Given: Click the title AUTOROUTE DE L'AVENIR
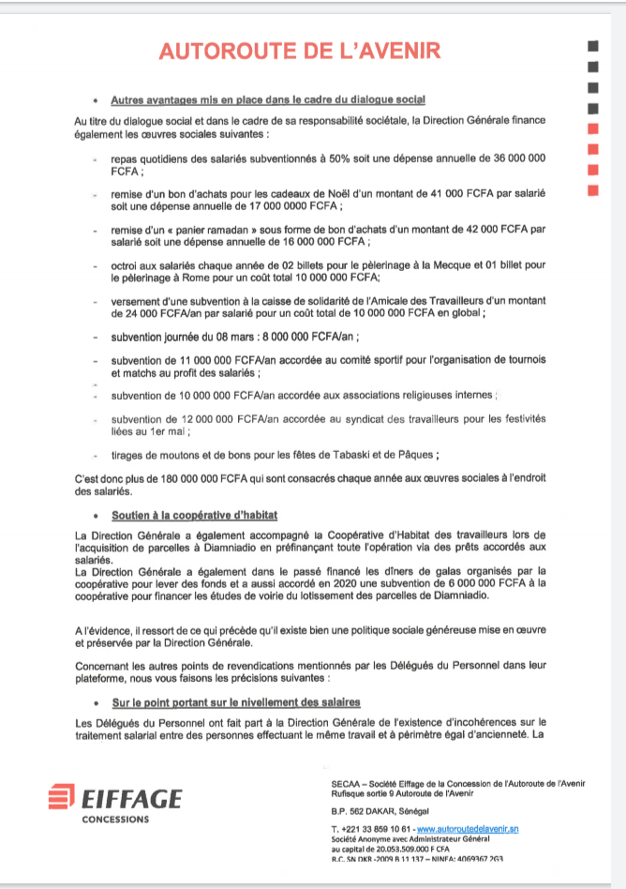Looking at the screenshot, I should [x=299, y=51].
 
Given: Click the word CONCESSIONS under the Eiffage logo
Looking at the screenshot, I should [x=115, y=819].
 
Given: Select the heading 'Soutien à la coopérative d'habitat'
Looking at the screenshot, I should [x=194, y=515].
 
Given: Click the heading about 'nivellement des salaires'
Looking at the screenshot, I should [x=235, y=702].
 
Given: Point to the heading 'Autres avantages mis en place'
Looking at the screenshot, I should [x=268, y=99].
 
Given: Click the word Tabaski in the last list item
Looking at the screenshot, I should [x=329, y=455].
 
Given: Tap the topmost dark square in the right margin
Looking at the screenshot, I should [x=591, y=46].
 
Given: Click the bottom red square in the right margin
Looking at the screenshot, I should [x=591, y=190].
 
